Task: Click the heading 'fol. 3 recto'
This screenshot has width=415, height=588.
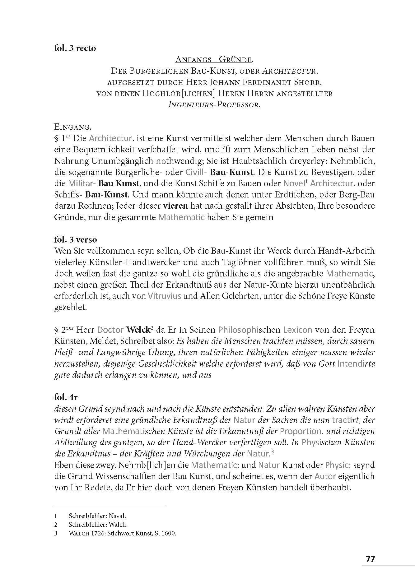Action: point(75,49)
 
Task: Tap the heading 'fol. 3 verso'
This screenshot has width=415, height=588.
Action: point(76,239)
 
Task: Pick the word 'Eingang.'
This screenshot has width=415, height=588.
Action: point(72,127)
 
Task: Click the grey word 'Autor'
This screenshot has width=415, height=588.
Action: point(325,476)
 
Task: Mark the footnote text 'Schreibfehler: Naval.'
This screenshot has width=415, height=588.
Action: point(97,516)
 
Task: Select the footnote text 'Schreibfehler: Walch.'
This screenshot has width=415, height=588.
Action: point(98,525)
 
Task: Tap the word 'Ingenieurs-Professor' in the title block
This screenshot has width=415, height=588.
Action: point(214,105)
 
